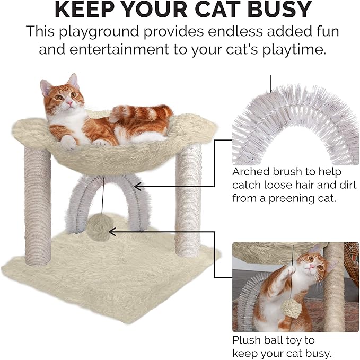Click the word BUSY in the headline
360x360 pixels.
coord(277,11)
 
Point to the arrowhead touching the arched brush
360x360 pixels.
coord(137,186)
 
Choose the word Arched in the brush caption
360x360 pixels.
coord(251,172)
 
